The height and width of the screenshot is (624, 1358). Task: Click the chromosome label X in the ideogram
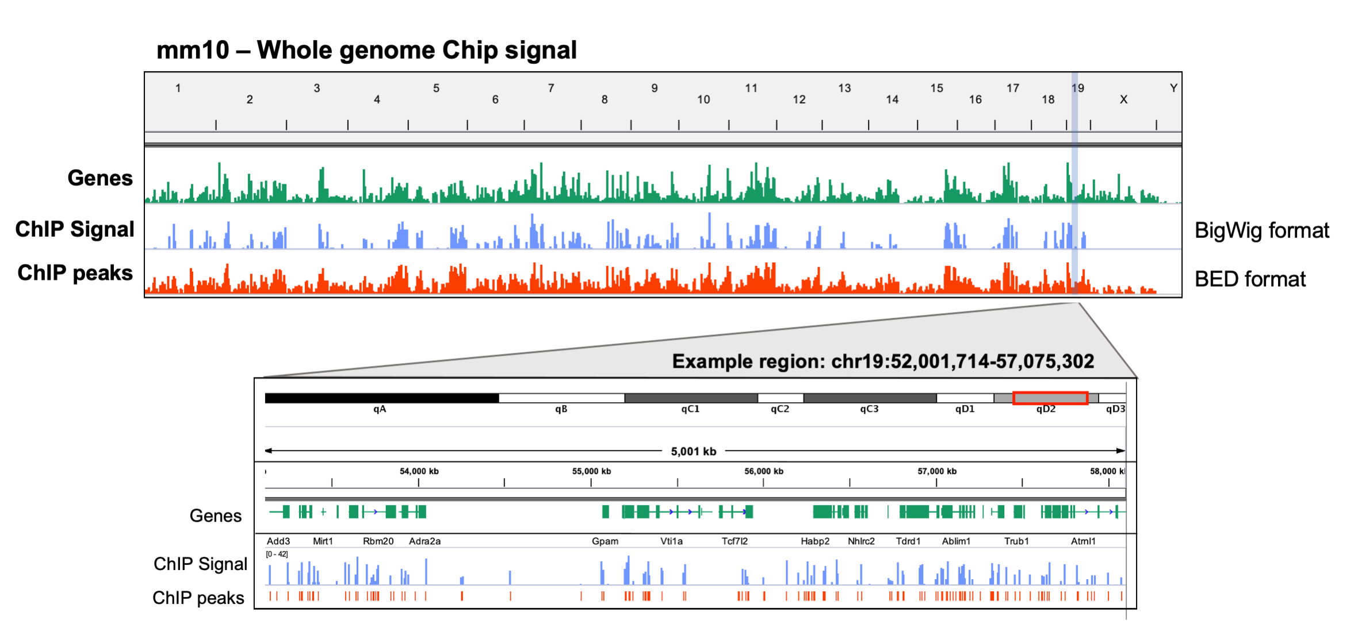tap(1123, 99)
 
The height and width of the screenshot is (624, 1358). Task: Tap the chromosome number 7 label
tap(551, 88)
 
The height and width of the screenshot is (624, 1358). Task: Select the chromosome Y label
tap(1173, 88)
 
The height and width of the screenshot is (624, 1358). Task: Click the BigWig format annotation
tap(1261, 230)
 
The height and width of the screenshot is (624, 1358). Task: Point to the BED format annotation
tap(1249, 279)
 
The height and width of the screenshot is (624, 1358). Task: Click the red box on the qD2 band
tap(1050, 398)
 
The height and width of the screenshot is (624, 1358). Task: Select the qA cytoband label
tap(380, 409)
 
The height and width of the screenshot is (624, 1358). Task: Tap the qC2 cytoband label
tap(779, 409)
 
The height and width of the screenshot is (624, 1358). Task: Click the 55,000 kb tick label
tap(591, 471)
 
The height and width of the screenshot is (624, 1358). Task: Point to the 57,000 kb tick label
tap(937, 471)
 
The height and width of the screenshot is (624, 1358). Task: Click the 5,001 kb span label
tap(693, 452)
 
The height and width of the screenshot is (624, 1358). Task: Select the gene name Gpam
tap(605, 541)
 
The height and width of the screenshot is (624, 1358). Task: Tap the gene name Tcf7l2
tap(735, 541)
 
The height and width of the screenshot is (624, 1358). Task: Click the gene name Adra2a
tap(424, 541)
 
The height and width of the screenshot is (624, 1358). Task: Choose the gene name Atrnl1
tap(1083, 541)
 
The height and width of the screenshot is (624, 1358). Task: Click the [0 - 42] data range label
tap(277, 554)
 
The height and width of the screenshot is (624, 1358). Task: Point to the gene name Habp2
tap(815, 541)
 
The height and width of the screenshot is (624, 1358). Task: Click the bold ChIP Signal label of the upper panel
tap(75, 229)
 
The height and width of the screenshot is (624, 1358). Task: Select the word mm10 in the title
tap(193, 50)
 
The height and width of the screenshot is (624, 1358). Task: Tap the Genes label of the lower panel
tap(216, 516)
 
